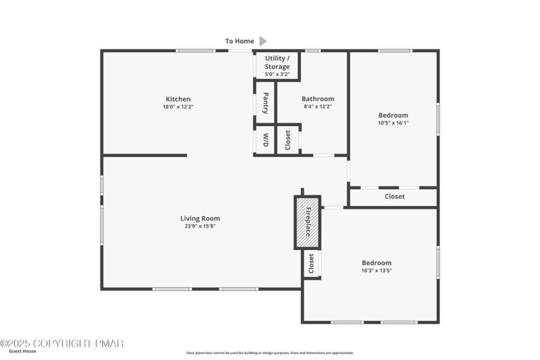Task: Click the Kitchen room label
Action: [x=177, y=99]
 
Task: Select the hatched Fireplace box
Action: [x=307, y=222]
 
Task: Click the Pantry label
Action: [x=265, y=102]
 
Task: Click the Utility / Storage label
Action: [x=277, y=62]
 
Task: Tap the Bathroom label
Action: [x=319, y=99]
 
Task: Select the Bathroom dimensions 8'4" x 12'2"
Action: [x=319, y=107]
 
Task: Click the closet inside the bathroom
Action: [x=288, y=139]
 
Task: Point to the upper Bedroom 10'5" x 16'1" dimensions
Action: [x=393, y=123]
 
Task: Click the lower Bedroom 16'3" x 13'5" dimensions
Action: [x=376, y=271]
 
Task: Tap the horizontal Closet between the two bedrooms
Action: [x=394, y=197]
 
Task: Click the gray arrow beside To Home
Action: [x=262, y=41]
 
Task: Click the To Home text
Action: [x=239, y=41]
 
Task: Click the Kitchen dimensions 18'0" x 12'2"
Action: [x=178, y=107]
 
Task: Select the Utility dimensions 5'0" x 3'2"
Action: [x=277, y=74]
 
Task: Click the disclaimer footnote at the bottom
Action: [x=270, y=352]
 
